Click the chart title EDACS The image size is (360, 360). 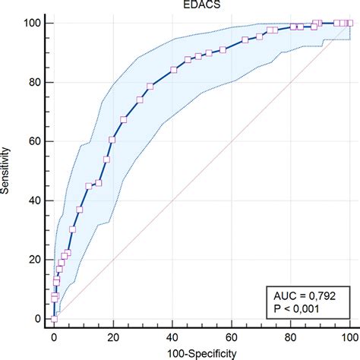[x=201, y=6]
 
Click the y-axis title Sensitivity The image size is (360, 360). [x=7, y=171]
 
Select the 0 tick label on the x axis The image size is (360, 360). [x=54, y=335]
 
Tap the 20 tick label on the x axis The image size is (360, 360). [x=113, y=335]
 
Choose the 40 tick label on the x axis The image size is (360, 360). [x=172, y=335]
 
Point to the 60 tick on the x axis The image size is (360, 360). [x=232, y=335]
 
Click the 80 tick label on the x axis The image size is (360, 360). [x=291, y=335]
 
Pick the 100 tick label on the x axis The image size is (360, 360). [x=350, y=335]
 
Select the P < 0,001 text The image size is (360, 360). [x=302, y=309]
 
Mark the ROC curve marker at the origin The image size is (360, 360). [x=54, y=319]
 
